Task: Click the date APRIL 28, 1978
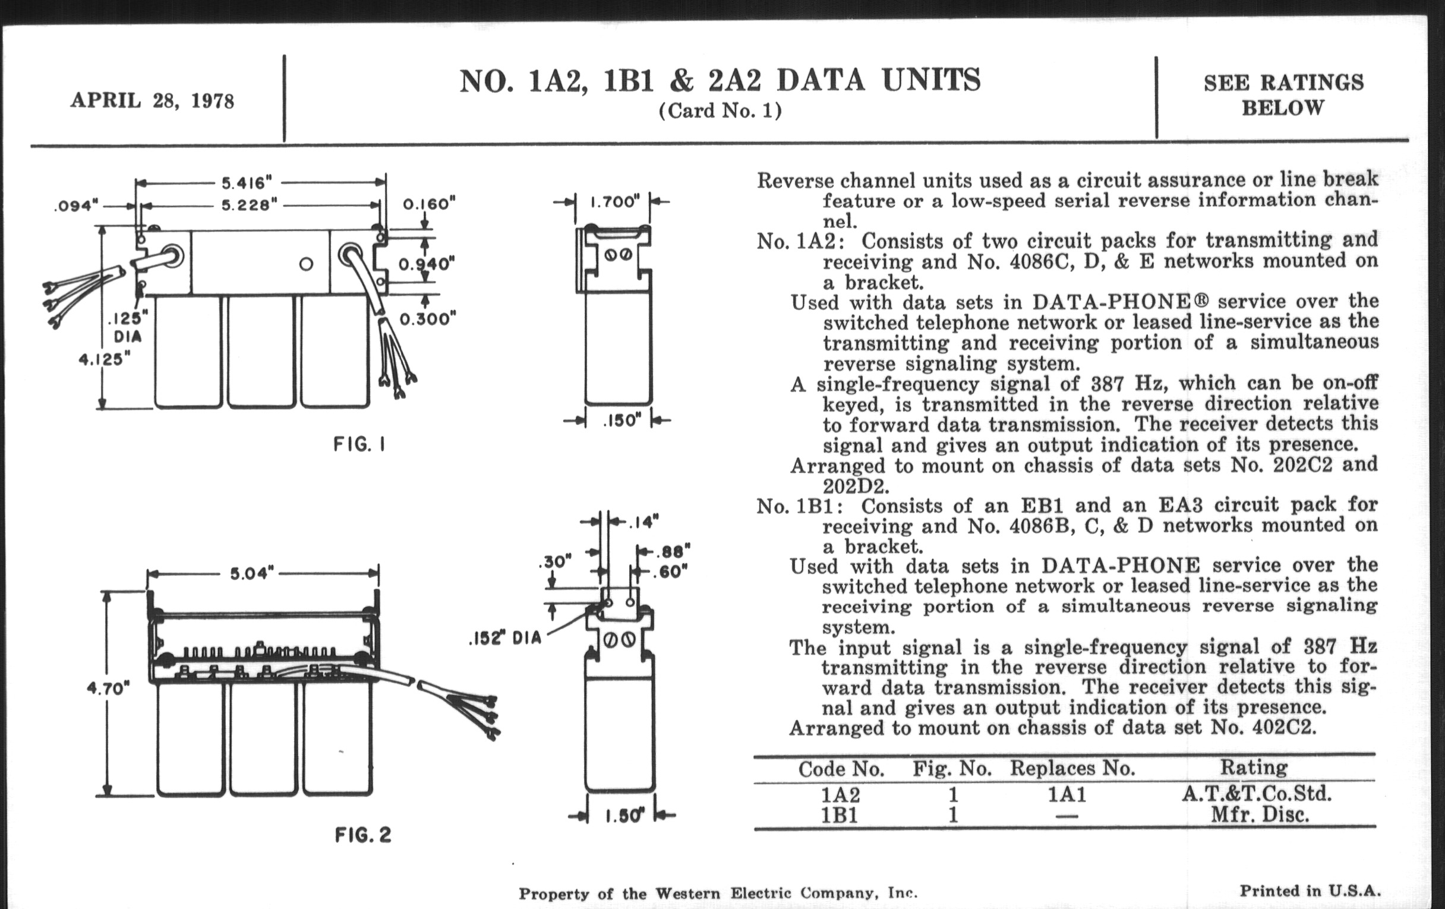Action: coord(152,100)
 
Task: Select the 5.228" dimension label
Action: coord(249,205)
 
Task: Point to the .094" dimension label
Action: coord(75,206)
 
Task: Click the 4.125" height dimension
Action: coord(105,359)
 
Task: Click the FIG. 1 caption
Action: coord(359,444)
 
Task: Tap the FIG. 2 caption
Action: coord(363,835)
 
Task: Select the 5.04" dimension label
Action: coord(252,574)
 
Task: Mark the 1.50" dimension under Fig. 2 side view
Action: coord(621,816)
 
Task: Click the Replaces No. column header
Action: coord(1072,769)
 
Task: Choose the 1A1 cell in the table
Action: coord(1067,794)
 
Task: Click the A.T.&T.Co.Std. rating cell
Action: coord(1257,794)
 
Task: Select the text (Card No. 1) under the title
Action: coord(720,111)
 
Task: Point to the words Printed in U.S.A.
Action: coord(1311,891)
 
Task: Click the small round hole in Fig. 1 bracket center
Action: coord(306,264)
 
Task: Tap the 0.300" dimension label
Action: coord(428,318)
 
